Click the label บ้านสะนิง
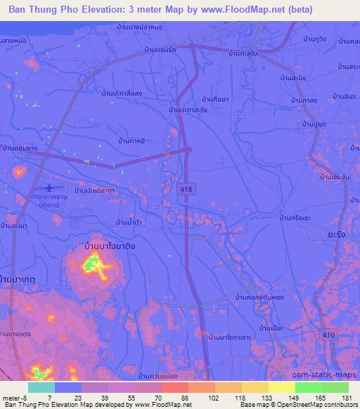(x=293, y=79)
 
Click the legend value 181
(x=348, y=398)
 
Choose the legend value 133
(x=268, y=398)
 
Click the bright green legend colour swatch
(x=309, y=387)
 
